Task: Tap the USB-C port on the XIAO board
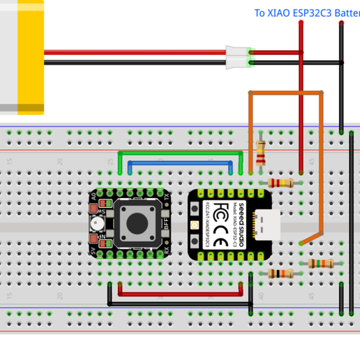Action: [x=266, y=223]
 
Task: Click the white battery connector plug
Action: [x=237, y=57]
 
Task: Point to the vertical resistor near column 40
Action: [x=261, y=152]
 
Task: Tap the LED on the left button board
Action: [x=96, y=224]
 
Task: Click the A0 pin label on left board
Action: [x=93, y=196]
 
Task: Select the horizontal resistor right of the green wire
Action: [x=281, y=183]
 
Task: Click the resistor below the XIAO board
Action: [x=280, y=274]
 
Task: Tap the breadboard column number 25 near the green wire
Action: [x=110, y=162]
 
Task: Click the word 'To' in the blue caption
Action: [x=260, y=13]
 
